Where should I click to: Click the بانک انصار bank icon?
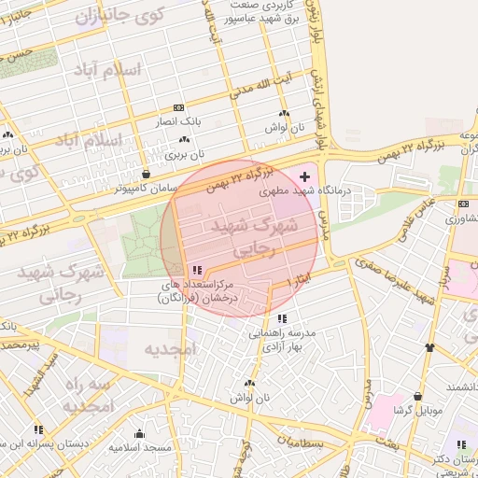[178, 108]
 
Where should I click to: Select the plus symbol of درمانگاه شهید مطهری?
[304, 176]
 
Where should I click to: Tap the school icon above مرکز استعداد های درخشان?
[195, 269]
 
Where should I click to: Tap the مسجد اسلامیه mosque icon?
[139, 433]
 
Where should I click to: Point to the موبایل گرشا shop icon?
[417, 397]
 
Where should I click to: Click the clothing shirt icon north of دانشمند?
[429, 347]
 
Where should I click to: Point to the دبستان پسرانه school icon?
[38, 430]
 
